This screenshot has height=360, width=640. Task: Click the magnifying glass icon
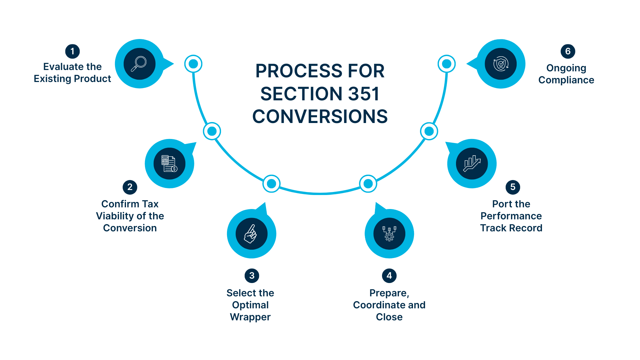coord(139,64)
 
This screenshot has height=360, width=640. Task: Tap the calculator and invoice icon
coord(169,164)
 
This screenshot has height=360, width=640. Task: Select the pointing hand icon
coord(251,234)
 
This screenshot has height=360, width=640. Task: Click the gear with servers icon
coord(389,234)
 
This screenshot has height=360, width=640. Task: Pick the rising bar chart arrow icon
coord(472,164)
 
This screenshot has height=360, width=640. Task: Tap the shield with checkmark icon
coord(501,64)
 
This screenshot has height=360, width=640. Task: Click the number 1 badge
coord(72,51)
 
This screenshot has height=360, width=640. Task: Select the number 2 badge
coord(130,187)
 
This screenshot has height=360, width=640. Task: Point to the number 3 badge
coord(252,276)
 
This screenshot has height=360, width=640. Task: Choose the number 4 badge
coord(389,276)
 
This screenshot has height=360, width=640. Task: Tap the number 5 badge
coord(513,187)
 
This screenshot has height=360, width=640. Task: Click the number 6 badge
coord(568,51)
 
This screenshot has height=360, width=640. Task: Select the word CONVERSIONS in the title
coord(320,117)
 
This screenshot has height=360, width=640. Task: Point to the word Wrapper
coord(250,317)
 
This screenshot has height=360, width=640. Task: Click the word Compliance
coord(566,80)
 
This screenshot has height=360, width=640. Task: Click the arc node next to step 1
coord(193,64)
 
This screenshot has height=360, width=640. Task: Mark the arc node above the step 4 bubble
coord(368,184)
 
